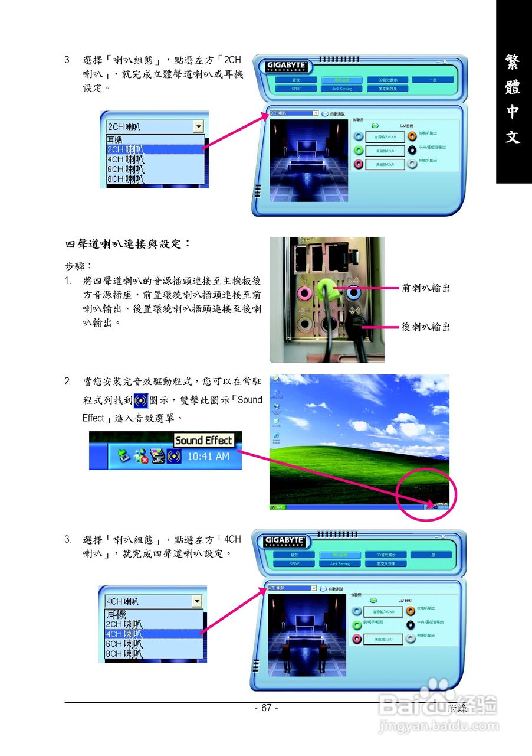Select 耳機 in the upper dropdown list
click(115, 140)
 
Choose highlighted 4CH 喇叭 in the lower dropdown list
click(124, 634)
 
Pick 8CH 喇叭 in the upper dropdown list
click(124, 179)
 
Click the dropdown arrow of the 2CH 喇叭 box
click(198, 126)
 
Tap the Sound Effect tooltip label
click(203, 440)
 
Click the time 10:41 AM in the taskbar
click(208, 457)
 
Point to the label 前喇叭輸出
click(426, 288)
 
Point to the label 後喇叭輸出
click(426, 327)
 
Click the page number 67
click(266, 708)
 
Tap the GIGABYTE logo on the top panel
click(285, 66)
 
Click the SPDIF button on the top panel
click(296, 89)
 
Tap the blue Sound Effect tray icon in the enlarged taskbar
click(174, 457)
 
